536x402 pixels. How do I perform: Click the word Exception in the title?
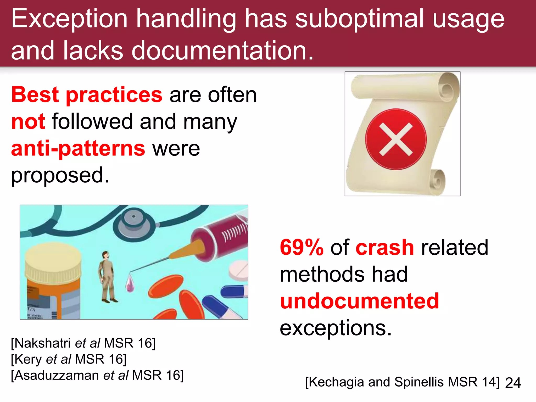coord(69,19)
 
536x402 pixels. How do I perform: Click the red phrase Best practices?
coord(87,95)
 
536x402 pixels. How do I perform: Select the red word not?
coord(28,122)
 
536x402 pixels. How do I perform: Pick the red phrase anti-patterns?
coord(78,149)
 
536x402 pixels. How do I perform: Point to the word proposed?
coord(60,175)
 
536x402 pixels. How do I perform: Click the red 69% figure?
coord(301,247)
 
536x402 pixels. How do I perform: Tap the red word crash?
coord(385,247)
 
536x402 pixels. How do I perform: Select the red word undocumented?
coord(359,301)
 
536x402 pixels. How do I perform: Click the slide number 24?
coord(513,383)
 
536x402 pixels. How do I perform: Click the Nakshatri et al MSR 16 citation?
coord(83,343)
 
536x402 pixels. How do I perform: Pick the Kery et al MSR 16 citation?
coord(69,359)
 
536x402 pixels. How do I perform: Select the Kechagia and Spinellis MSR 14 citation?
coord(402,382)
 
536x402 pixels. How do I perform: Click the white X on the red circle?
coord(396,139)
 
